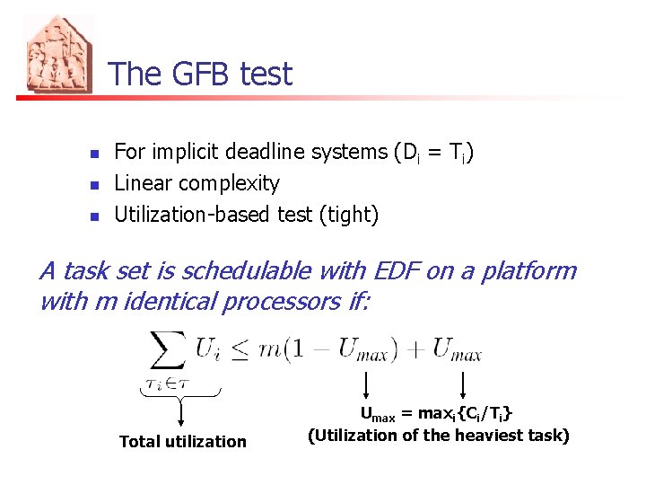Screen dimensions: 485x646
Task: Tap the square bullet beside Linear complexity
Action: click(x=95, y=185)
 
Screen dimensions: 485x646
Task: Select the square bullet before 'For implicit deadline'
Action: click(x=95, y=153)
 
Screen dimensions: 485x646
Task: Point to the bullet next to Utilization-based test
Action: click(x=95, y=216)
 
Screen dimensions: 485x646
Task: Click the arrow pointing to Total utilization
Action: click(x=181, y=414)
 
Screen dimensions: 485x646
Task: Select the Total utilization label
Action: click(x=182, y=441)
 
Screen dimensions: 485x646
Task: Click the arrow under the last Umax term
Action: click(x=461, y=385)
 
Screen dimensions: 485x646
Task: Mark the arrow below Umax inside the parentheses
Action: click(x=366, y=385)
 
